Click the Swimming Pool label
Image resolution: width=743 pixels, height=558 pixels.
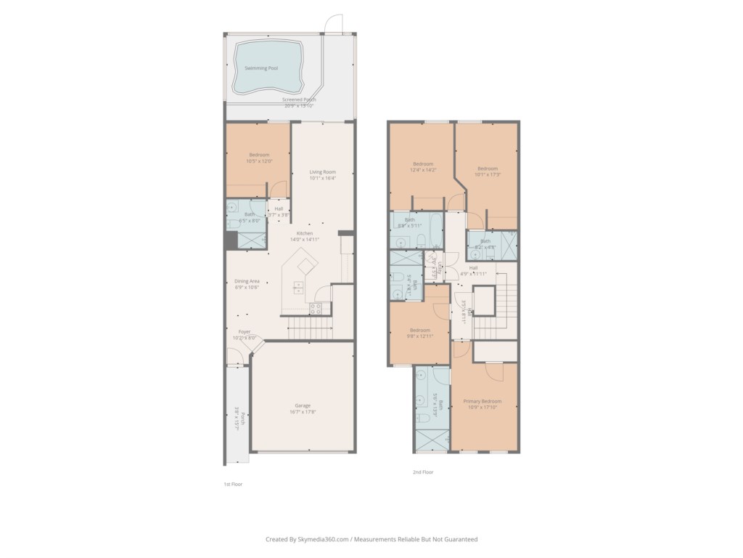[261, 68]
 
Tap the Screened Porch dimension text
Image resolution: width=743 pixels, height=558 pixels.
[299, 106]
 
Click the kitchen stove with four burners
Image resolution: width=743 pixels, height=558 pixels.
[317, 308]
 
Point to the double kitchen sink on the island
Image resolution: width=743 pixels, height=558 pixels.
[298, 288]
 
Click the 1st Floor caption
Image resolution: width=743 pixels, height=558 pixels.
[233, 483]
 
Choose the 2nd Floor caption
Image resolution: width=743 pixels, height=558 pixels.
[422, 472]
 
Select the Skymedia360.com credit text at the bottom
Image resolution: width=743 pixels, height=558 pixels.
[371, 539]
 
